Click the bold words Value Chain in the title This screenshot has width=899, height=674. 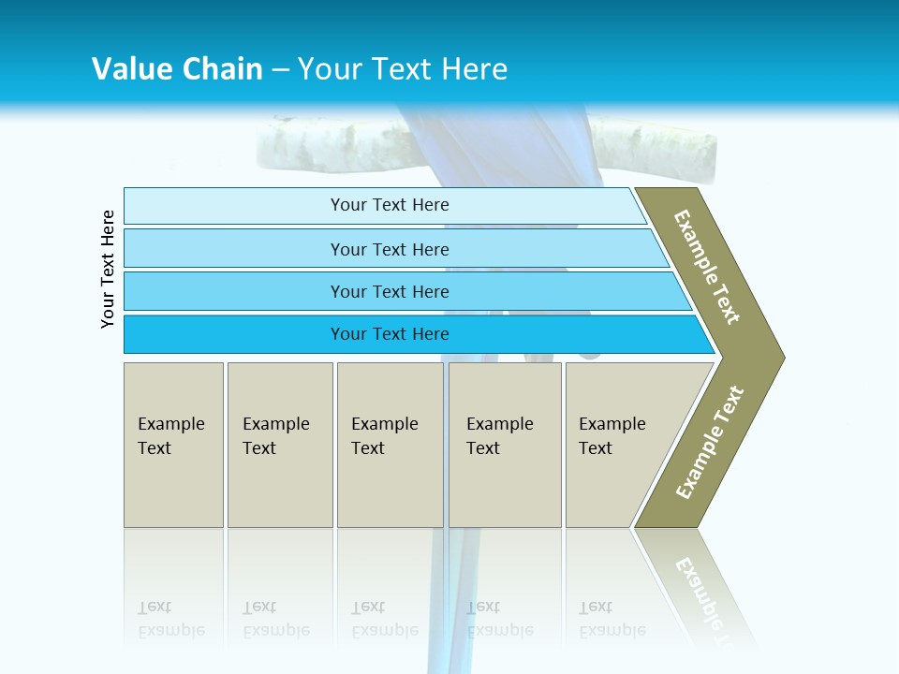click(177, 69)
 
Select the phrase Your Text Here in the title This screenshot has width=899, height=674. click(403, 69)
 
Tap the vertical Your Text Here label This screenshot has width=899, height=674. click(109, 269)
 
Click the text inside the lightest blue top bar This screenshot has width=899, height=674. click(390, 205)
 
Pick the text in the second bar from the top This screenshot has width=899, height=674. click(390, 249)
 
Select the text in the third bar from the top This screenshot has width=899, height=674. click(390, 292)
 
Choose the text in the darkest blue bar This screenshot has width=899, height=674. click(390, 334)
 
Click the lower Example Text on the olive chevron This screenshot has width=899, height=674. click(710, 442)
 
